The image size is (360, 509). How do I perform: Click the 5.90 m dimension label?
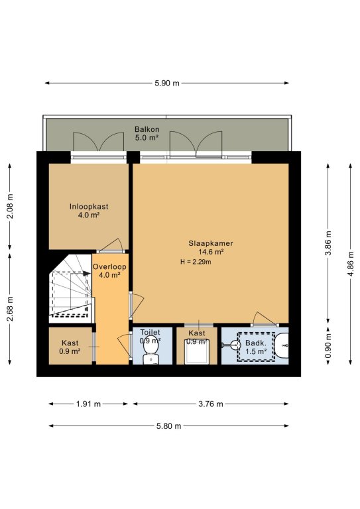point(167,83)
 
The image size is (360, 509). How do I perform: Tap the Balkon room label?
point(147,129)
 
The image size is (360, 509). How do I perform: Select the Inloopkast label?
point(89,207)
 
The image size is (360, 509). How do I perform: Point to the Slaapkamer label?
point(211,243)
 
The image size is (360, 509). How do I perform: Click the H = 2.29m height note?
point(196,262)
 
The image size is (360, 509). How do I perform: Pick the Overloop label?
point(109,267)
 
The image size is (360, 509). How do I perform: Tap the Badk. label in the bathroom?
point(256,343)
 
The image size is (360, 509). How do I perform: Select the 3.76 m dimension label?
point(211,404)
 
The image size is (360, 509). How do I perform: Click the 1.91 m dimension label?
point(88,404)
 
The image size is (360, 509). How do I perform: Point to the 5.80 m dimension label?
point(168,426)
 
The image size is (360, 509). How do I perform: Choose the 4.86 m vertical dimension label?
point(351,264)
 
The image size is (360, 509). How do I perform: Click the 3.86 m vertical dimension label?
point(328,243)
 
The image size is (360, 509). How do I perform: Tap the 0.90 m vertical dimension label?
point(328,346)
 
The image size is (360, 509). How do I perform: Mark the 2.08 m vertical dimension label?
point(10,206)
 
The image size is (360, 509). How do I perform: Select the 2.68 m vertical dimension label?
point(10,308)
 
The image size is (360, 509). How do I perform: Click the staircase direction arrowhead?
point(86,273)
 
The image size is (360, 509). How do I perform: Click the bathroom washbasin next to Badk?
point(282,346)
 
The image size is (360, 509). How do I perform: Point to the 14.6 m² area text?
point(211,252)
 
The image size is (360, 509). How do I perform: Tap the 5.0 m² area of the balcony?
point(147,137)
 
